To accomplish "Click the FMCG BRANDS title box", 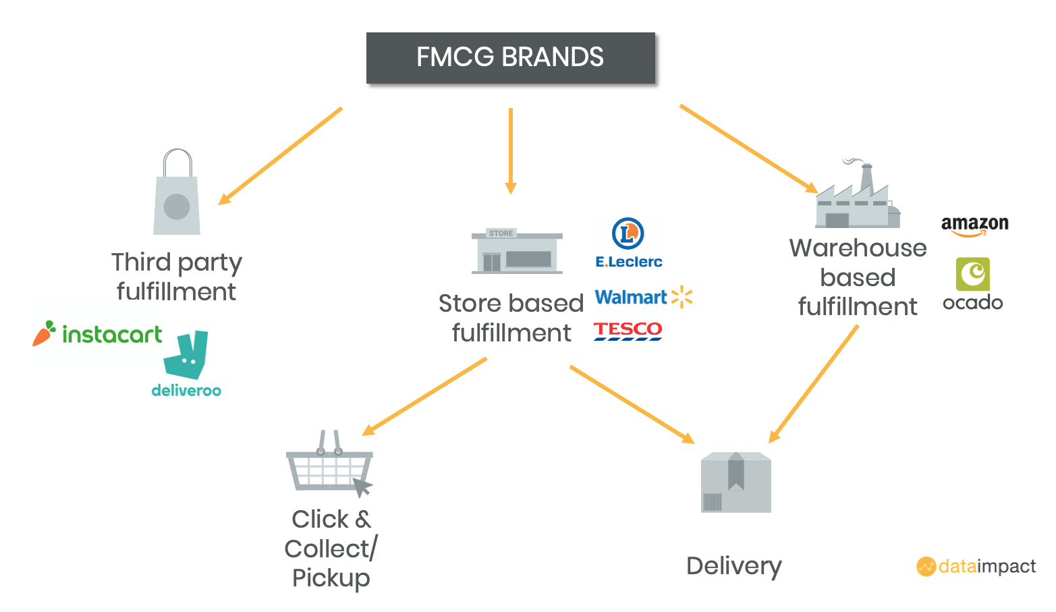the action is [511, 58].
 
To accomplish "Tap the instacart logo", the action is [97, 334].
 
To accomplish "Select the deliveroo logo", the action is [186, 364].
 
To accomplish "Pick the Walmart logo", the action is [644, 297].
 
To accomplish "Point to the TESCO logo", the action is [628, 331].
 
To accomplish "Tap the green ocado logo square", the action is [972, 274].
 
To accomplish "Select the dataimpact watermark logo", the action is [976, 566].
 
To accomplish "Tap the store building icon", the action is [517, 251].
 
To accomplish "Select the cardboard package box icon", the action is [736, 482].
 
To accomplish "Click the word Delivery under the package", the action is [734, 566].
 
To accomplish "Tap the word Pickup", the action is [331, 578].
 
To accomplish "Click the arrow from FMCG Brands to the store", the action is [511, 151].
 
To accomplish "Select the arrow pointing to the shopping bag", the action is [280, 156].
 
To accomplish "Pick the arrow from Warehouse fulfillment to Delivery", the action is [813, 384].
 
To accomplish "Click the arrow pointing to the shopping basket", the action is [424, 397].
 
